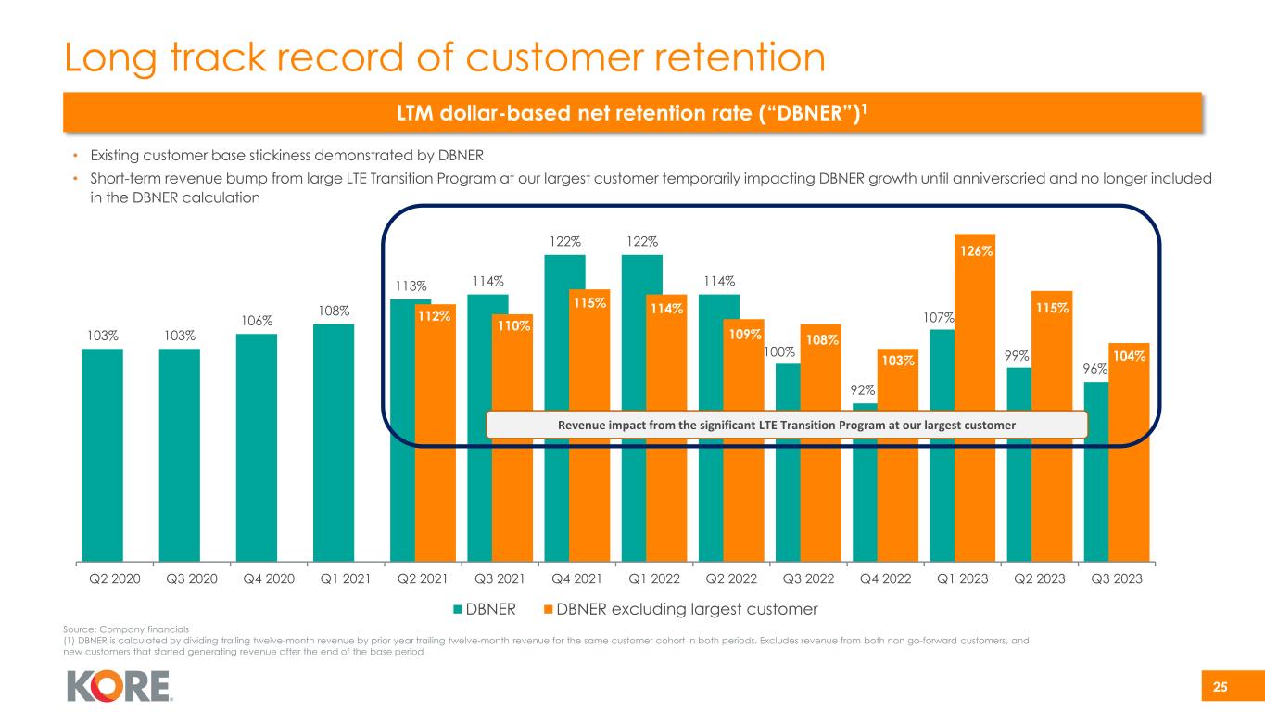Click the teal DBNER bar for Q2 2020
coord(102,454)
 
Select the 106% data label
coord(257,320)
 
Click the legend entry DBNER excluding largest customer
coord(685,609)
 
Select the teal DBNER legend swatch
coord(457,609)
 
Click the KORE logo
coord(120,687)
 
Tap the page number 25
coord(1221,687)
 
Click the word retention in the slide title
coord(698,57)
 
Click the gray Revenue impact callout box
coord(786,424)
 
